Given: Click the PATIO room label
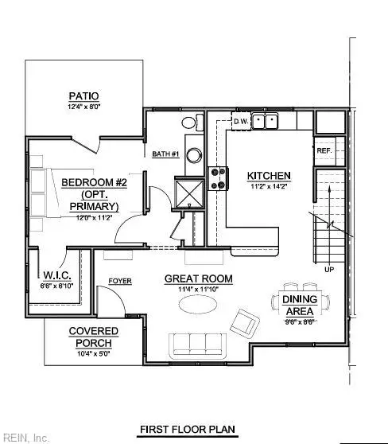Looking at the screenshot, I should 83,95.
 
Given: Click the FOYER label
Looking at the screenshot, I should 119,280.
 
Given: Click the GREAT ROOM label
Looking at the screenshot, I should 198,278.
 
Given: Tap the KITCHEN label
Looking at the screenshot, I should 268,176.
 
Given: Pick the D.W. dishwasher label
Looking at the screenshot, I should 241,122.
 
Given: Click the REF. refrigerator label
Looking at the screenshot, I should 324,150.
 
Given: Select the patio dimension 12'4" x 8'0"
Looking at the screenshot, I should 83,106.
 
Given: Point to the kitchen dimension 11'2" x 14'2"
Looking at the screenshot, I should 268,187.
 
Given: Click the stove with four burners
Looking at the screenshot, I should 217,176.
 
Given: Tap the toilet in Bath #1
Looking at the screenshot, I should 189,123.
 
